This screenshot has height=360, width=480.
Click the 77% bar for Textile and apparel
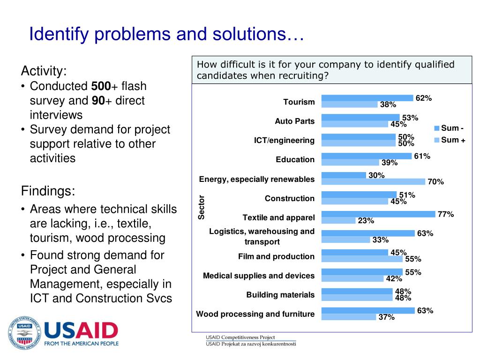tap(378, 214)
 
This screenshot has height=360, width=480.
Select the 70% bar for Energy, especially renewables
tap(373, 181)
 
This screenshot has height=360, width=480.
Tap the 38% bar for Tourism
tap(349, 105)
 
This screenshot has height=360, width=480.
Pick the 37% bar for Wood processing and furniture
tap(349, 317)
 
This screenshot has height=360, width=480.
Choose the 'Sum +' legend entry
tap(450, 140)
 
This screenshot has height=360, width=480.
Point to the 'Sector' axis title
tap(202, 207)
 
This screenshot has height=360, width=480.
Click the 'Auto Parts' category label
tap(294, 121)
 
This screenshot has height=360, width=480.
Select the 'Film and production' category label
tap(276, 256)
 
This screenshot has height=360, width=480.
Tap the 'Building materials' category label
tap(280, 295)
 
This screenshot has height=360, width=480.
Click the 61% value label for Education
tap(422, 156)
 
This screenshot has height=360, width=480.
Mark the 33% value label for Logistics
tap(380, 240)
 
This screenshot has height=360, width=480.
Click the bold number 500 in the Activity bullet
tap(101, 86)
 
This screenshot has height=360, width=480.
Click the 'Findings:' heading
tap(48, 191)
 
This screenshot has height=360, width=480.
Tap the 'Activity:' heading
tap(44, 71)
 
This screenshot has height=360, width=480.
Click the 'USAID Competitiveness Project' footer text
tap(240, 337)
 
